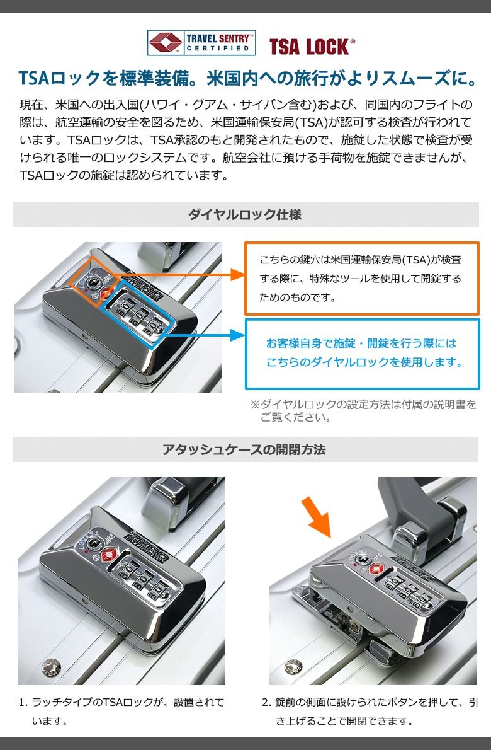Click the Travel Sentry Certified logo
click(201, 43)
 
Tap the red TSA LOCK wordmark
click(312, 47)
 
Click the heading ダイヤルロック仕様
click(244, 214)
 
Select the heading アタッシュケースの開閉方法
click(244, 449)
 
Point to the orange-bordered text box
click(361, 279)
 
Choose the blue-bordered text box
click(362, 354)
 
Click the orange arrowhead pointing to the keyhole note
click(237, 275)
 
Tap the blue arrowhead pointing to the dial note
click(237, 335)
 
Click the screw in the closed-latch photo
click(51, 667)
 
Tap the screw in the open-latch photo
click(293, 667)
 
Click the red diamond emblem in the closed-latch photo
click(109, 555)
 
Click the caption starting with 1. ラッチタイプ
click(121, 712)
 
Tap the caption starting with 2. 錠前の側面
click(370, 712)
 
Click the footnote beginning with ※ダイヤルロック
click(363, 410)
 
